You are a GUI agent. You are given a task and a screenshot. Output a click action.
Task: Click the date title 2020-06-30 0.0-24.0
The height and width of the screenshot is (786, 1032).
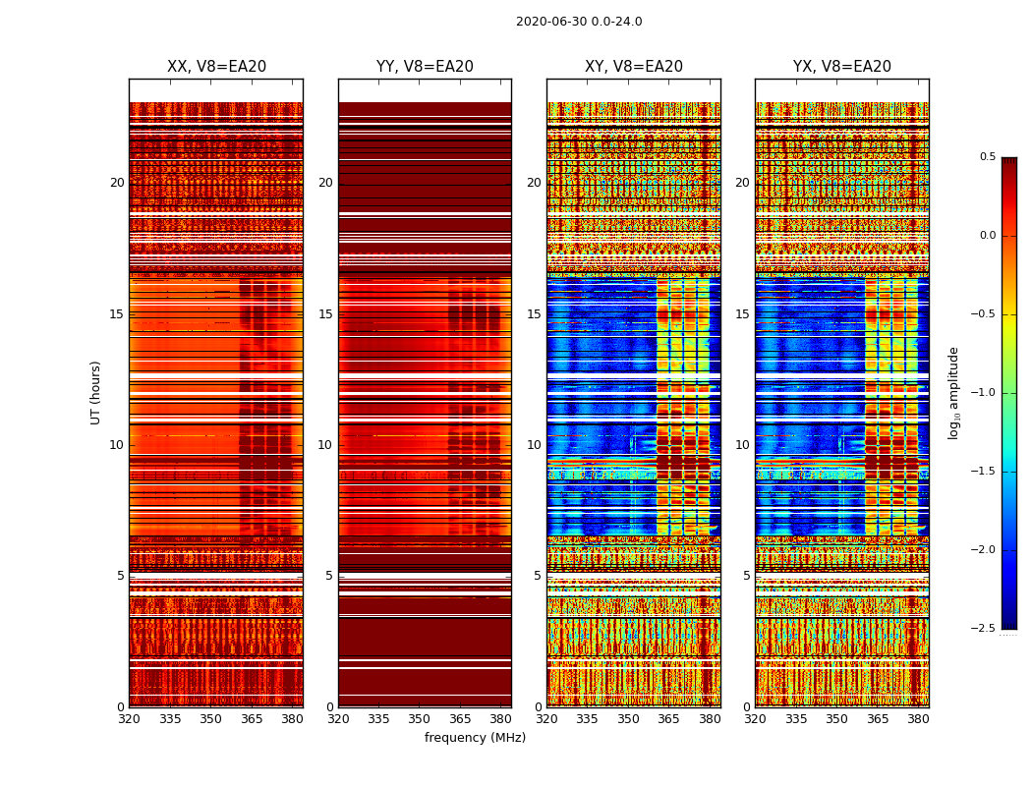tap(579, 22)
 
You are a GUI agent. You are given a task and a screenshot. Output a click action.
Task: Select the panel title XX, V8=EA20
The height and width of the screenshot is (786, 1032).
tap(216, 67)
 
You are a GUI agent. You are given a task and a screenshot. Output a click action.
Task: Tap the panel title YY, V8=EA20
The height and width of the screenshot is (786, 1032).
tap(425, 67)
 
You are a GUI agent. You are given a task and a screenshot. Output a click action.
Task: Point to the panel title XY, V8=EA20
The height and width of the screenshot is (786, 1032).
tap(633, 67)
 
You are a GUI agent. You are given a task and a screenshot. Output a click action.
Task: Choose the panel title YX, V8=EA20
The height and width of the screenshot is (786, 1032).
tap(842, 67)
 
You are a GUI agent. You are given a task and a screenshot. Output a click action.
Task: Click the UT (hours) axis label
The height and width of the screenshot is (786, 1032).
tap(96, 392)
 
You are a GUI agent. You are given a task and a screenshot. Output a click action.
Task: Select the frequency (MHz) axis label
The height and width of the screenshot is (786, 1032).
tap(475, 738)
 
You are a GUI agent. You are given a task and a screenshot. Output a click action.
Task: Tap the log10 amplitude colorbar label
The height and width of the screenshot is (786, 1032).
tap(953, 393)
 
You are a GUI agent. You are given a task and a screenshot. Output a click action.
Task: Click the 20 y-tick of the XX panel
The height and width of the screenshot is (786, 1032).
tap(117, 183)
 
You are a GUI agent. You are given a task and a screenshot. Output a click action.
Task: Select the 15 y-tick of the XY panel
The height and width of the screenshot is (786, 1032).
tap(534, 314)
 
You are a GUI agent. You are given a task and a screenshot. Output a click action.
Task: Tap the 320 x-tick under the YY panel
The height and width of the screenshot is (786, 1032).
tap(338, 719)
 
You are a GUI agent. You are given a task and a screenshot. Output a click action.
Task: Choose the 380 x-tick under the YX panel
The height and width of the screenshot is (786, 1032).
tap(918, 719)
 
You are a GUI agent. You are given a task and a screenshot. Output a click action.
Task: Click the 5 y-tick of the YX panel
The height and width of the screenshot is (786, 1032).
tap(746, 576)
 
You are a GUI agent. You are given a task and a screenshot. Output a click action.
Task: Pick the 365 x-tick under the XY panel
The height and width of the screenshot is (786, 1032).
tap(668, 719)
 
